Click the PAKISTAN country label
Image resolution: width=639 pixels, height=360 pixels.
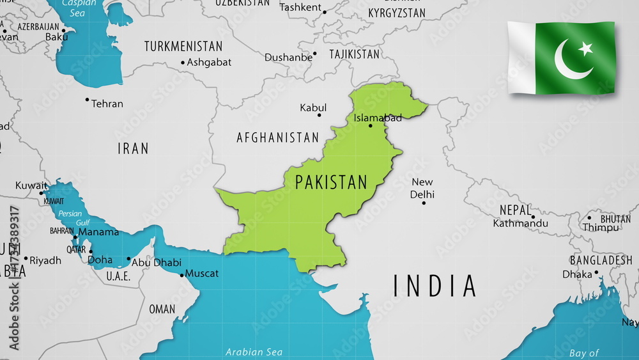coord(331,182)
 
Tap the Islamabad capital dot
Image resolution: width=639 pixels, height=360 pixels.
coord(371,125)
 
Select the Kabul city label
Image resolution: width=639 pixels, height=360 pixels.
coord(313,108)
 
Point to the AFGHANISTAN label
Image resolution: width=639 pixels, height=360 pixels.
coord(277,137)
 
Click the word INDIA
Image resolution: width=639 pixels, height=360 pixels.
coord(435,286)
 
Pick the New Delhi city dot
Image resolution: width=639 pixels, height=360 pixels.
coord(423,203)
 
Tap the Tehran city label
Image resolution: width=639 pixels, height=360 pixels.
coord(107,104)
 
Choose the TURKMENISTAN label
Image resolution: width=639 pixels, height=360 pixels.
coord(183,47)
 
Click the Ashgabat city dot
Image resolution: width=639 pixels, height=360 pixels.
coord(182,63)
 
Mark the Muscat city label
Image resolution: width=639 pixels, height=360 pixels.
coord(202,274)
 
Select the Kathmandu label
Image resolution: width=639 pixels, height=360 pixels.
coord(520,223)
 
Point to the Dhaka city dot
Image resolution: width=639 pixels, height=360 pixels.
coord(596,272)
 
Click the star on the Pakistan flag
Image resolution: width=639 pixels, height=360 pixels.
coord(585,49)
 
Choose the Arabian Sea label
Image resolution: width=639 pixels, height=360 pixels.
coord(254,352)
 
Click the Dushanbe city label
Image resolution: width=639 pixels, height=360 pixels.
coord(289,58)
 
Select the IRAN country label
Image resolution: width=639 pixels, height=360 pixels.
coord(133,149)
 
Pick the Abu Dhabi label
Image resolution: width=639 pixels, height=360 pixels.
coord(157,262)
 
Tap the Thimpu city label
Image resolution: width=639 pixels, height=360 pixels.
coord(601,228)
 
